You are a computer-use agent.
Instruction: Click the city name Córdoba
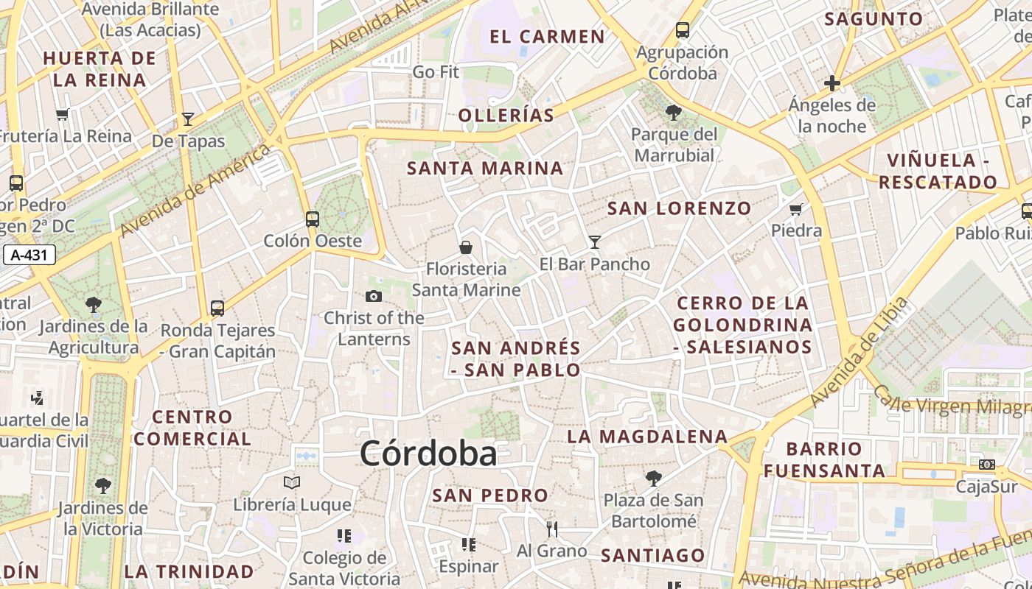click(428, 454)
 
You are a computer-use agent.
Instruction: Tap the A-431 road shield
click(29, 255)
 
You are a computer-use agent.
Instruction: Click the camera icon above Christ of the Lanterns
click(374, 296)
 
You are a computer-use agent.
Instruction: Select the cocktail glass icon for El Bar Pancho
click(595, 241)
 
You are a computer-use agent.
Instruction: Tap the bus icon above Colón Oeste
click(313, 219)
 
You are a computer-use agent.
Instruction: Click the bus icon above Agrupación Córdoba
click(683, 30)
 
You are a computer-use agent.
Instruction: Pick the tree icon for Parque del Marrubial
click(673, 113)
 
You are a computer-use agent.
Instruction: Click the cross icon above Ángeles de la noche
click(832, 83)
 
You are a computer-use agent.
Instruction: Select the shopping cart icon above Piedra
click(796, 209)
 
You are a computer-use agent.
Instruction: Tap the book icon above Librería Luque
click(292, 482)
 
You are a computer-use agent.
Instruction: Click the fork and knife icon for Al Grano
click(551, 529)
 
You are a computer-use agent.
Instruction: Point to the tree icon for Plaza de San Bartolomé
click(653, 479)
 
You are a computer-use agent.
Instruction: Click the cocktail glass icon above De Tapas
click(188, 119)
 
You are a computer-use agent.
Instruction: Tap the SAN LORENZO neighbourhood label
click(679, 208)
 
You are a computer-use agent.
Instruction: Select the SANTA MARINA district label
click(485, 168)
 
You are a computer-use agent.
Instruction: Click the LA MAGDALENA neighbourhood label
click(646, 437)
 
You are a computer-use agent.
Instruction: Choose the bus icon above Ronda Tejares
click(217, 308)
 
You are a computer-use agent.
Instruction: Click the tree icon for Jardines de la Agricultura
click(94, 304)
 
